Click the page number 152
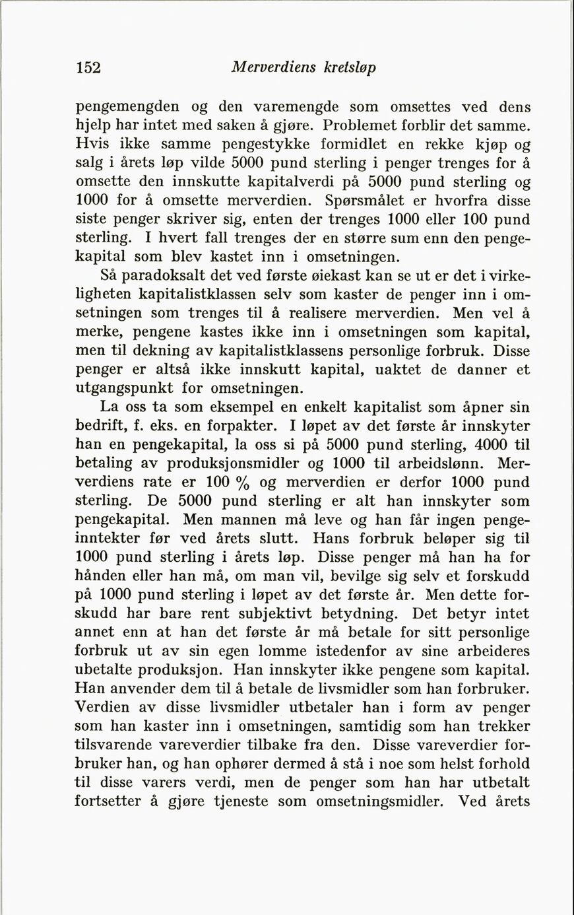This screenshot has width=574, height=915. pyautogui.click(x=88, y=67)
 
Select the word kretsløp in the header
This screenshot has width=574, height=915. pyautogui.click(x=350, y=68)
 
